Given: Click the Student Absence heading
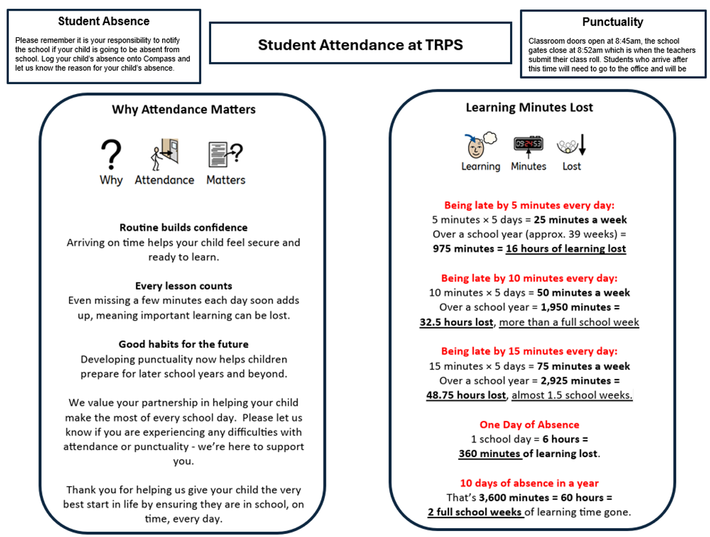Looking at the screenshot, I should tap(104, 21).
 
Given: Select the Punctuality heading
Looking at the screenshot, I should tap(612, 22).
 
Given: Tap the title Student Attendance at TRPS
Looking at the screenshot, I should tap(360, 44).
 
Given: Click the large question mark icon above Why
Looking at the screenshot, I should tap(111, 155).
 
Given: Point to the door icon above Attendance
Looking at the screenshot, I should tap(165, 155).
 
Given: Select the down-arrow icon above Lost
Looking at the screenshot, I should tap(572, 145).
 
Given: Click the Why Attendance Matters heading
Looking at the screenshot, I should tap(183, 110).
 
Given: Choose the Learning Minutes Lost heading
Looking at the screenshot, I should tap(529, 107).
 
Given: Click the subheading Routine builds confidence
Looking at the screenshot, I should tap(183, 227).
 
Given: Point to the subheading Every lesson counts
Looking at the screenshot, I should tap(183, 286).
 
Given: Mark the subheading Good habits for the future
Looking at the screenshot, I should tap(183, 344).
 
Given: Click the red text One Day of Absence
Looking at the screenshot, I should tap(529, 425).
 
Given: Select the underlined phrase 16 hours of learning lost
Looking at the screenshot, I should tap(565, 249).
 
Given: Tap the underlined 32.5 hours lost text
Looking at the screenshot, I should tap(456, 322).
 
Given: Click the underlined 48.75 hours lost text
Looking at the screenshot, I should tap(466, 395).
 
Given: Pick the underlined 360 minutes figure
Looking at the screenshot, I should tap(490, 454).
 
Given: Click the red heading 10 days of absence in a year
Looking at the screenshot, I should tap(529, 483).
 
